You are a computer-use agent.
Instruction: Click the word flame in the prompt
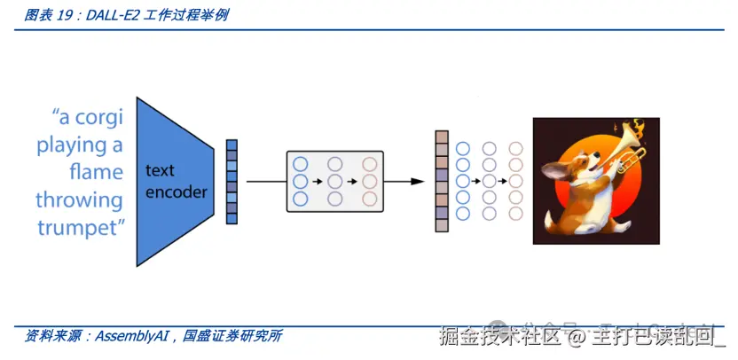96,172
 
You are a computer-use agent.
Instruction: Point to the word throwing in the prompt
79,200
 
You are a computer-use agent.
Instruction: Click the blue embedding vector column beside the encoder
232,181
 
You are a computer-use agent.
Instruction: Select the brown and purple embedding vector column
441,181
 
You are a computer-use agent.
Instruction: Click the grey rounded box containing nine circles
334,181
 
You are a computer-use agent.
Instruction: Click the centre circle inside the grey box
334,181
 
